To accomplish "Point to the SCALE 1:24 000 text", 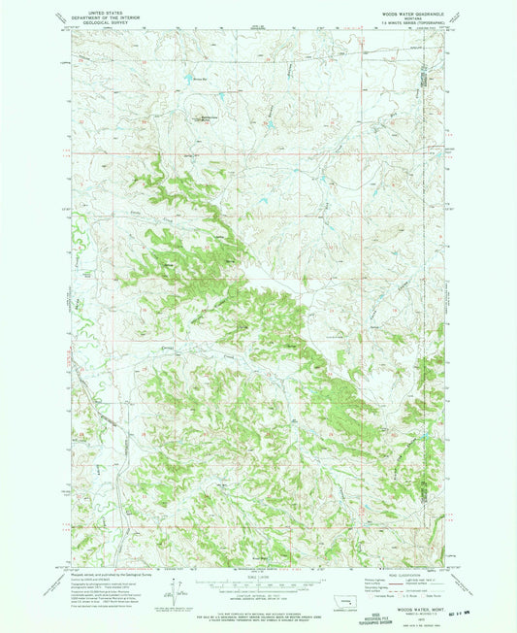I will point(257,577).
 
